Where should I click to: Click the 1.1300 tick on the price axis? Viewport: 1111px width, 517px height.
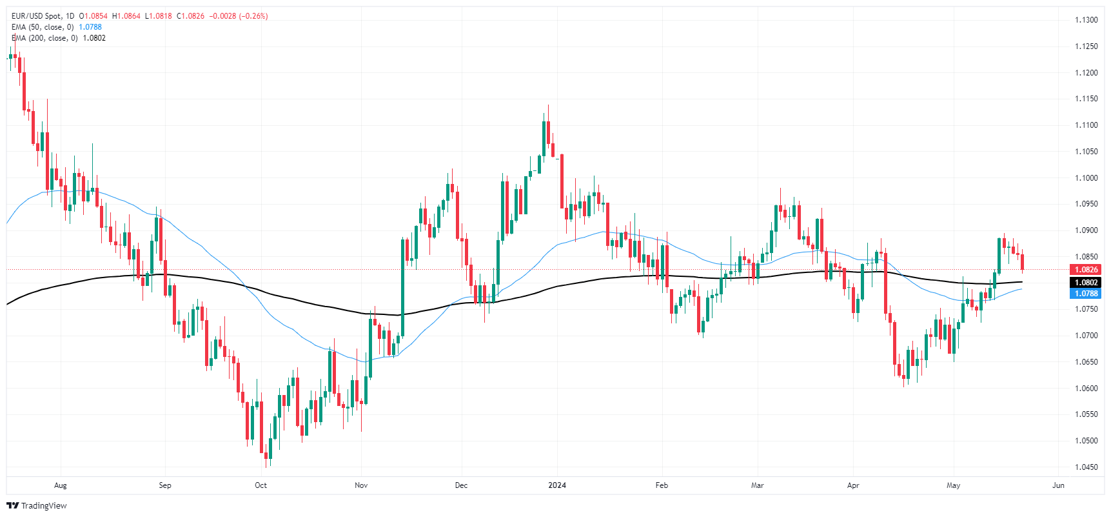coord(1086,20)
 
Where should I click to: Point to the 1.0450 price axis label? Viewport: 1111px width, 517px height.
coord(1086,467)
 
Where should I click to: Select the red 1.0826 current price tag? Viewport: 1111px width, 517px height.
coord(1085,270)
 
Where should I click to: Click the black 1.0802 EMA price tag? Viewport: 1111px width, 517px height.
coord(1085,283)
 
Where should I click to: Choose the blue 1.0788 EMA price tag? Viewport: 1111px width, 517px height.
coord(1085,294)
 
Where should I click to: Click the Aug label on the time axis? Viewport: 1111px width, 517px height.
coord(61,485)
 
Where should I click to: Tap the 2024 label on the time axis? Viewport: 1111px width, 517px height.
coord(557,485)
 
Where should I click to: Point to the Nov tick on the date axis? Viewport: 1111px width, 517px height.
coord(361,485)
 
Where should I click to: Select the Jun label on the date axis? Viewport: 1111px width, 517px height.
coord(1058,485)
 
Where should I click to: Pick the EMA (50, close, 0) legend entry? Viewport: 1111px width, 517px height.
coord(43,27)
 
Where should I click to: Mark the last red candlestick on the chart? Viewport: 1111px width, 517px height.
coord(1022,262)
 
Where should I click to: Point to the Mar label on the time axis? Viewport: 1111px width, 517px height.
coord(757,485)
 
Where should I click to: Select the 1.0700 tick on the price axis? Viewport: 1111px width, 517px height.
coord(1086,336)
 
